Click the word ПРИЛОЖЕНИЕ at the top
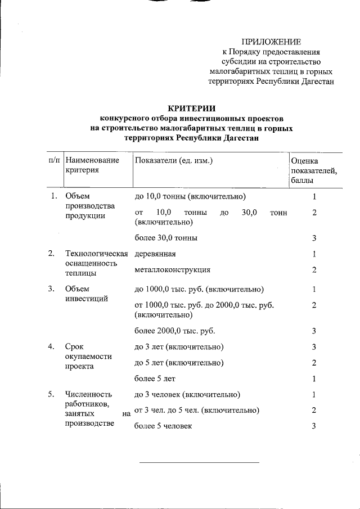(x=272, y=42)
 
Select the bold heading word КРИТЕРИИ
(x=192, y=109)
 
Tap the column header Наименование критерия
(x=92, y=165)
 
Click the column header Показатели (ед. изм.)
(x=174, y=160)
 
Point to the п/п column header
(x=55, y=160)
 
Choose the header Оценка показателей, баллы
(x=314, y=170)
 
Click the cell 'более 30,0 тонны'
(x=166, y=238)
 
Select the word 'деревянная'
(x=156, y=254)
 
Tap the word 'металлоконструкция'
(x=173, y=271)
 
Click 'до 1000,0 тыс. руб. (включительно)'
(x=199, y=290)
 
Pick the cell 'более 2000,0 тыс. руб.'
(x=175, y=330)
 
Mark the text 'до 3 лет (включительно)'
(x=179, y=346)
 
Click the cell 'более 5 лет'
(x=155, y=379)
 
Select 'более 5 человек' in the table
(x=163, y=426)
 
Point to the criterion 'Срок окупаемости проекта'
(x=88, y=357)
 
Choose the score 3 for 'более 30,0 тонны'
(x=314, y=238)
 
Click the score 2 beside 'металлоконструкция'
(x=314, y=271)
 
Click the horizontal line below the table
(x=199, y=462)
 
